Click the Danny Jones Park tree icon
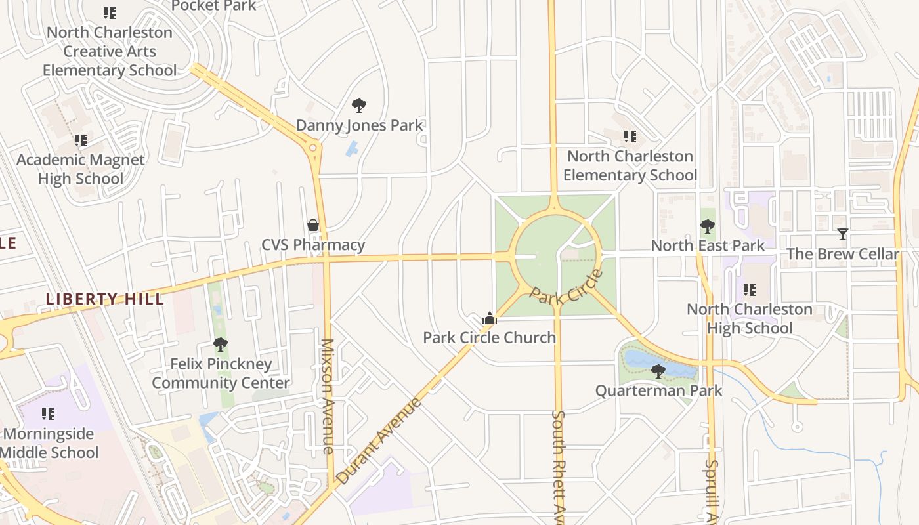coord(358,105)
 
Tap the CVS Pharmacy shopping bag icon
coord(313,225)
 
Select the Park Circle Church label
coord(489,337)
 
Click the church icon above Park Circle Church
coord(489,318)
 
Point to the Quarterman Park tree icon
coord(658,371)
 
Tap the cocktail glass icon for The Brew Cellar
coord(842,234)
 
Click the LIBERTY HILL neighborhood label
coord(104,299)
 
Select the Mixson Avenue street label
coord(328,396)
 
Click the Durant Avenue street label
coord(379,440)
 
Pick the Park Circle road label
coord(566,286)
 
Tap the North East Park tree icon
coord(707,226)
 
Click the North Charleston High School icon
coord(749,289)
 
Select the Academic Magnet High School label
coord(80,169)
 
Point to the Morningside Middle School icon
coord(48,413)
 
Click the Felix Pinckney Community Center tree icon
coord(220,344)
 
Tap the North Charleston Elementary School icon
coord(630,136)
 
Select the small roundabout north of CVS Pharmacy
coord(313,148)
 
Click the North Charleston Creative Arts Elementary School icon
coord(110,12)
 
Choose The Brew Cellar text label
coord(842,254)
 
